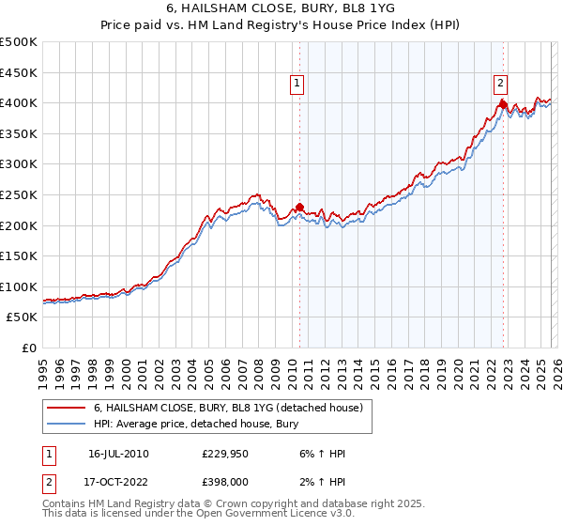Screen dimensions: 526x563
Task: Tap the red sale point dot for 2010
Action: (299, 208)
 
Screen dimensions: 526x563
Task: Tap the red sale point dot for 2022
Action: (503, 104)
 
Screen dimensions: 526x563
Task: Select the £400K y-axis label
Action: (19, 102)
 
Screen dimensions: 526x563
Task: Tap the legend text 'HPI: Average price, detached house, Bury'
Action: (195, 424)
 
